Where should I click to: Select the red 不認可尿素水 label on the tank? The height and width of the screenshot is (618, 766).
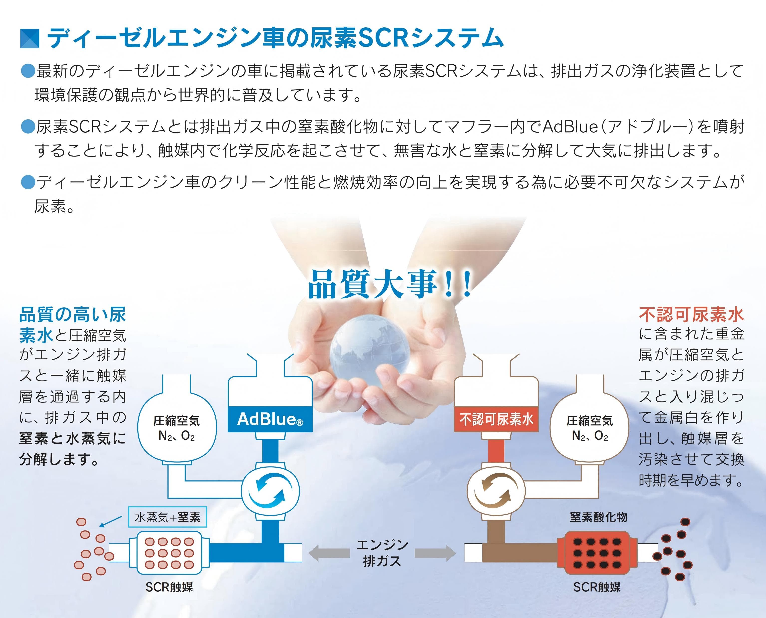click(x=496, y=419)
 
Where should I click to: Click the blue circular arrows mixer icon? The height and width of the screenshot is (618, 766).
click(x=270, y=491)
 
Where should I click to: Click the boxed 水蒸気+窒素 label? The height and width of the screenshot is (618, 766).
click(x=167, y=517)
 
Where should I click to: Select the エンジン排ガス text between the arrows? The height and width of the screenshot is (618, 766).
click(x=382, y=553)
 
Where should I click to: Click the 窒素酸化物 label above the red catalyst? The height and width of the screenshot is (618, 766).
click(x=599, y=517)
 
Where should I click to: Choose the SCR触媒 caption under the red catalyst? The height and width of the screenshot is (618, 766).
click(x=597, y=587)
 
